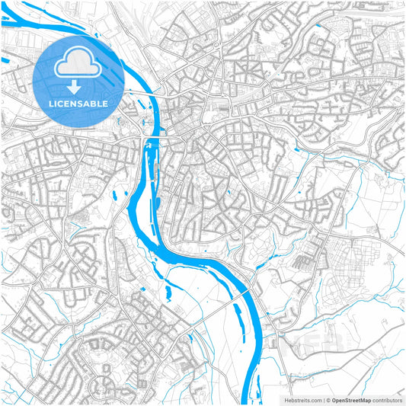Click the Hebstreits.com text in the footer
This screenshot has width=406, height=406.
tap(302, 400)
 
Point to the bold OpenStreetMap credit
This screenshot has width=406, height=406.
tap(350, 400)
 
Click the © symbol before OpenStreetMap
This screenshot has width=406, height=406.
tap(327, 400)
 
